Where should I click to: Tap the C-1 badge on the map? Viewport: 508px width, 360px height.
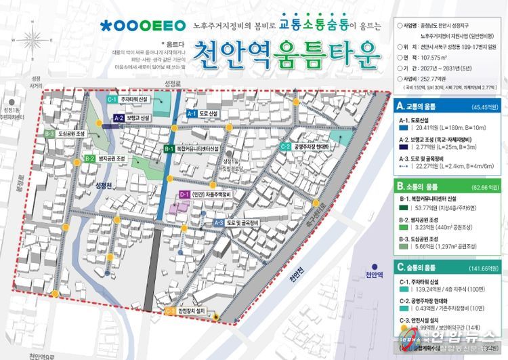tap(112, 99)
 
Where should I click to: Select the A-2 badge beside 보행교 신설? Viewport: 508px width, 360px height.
tap(118, 118)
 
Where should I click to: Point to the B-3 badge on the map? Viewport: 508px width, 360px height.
tap(49, 134)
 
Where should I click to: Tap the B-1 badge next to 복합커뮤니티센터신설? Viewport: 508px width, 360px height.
tap(169, 148)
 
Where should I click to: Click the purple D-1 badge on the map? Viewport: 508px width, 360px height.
tap(184, 195)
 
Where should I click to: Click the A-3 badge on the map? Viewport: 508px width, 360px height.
tap(219, 222)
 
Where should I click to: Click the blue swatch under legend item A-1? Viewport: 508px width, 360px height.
tap(403, 127)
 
